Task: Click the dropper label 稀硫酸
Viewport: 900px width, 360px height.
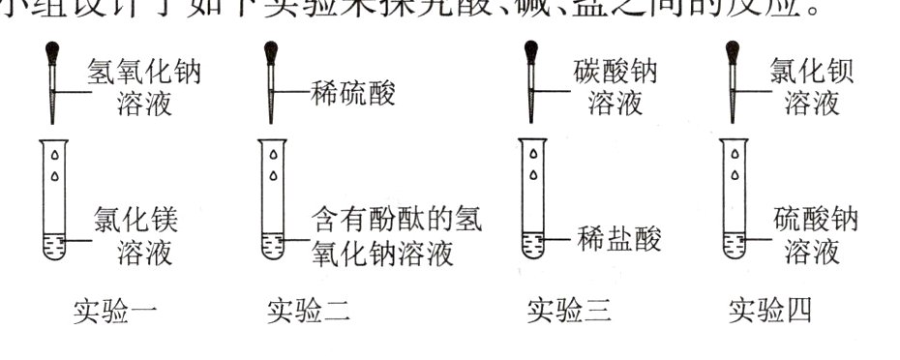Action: pyautogui.click(x=353, y=94)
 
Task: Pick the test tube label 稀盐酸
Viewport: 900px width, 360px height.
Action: pyautogui.click(x=619, y=239)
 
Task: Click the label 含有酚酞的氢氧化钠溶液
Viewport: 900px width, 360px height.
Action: pyautogui.click(x=397, y=237)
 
